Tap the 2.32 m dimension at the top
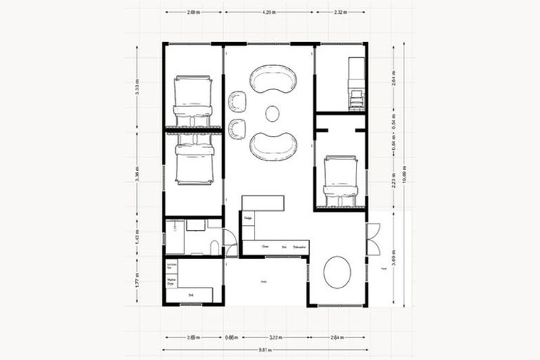pos(340,12)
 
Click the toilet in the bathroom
pos(214,246)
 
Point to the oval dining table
pos(337,271)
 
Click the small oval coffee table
pos(272,112)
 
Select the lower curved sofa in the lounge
pos(273,144)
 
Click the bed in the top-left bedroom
pos(193,101)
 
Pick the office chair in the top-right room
pos(356,98)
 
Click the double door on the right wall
pos(373,239)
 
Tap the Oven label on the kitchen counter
pos(265,247)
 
